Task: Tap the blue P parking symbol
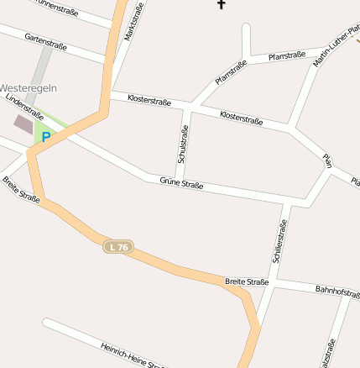[46, 136]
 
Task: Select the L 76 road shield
[119, 247]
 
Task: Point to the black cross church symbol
[222, 4]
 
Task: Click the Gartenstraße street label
[45, 41]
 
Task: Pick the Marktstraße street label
[133, 21]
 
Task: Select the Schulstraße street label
[182, 145]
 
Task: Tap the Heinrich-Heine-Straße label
[131, 355]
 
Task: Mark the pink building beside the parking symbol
[23, 124]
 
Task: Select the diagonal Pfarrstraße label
[231, 72]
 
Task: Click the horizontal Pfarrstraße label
[286, 56]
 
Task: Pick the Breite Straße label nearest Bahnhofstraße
[247, 281]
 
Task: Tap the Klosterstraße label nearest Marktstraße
[149, 101]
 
